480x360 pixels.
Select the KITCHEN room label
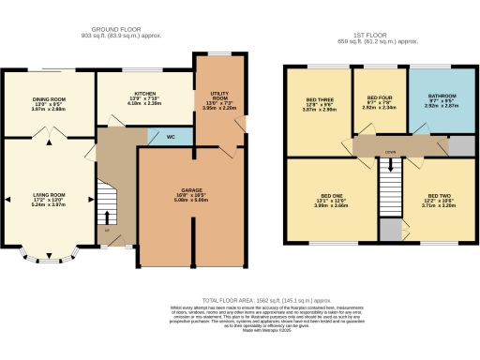[x=144, y=94]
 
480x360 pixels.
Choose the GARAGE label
[x=191, y=191]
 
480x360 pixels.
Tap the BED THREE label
[x=317, y=99]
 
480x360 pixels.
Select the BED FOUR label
[x=379, y=98]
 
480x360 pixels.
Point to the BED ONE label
[x=324, y=198]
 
